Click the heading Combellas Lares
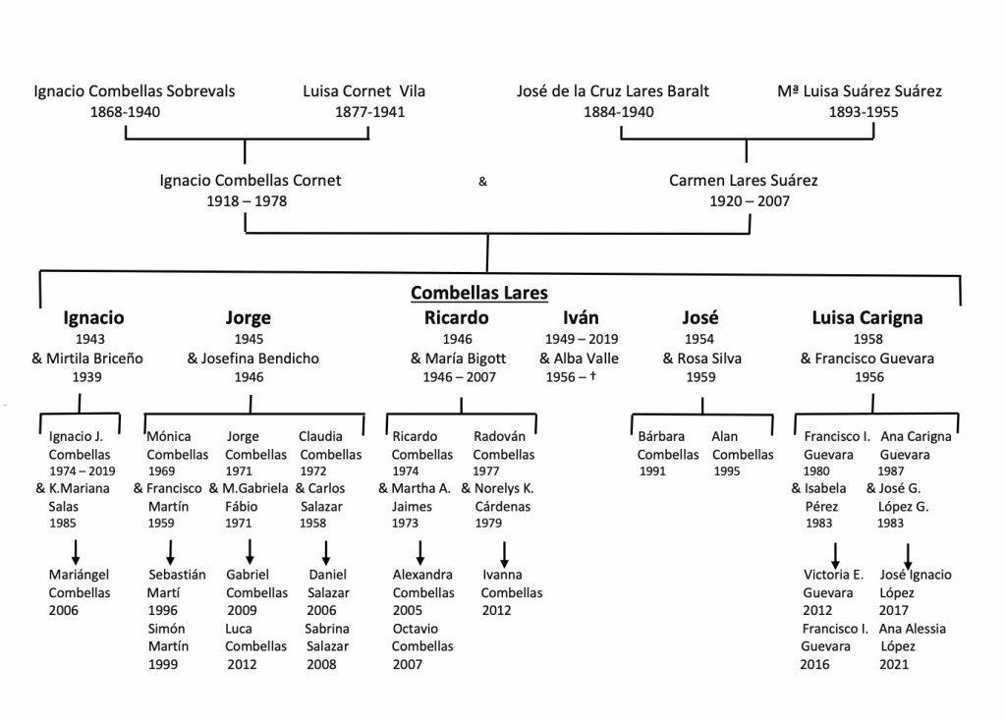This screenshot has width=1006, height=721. tap(478, 292)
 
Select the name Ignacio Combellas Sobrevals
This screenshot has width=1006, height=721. tap(135, 91)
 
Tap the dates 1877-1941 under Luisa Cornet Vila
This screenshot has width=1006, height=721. tap(368, 112)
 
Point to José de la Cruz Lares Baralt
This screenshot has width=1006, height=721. tap(612, 91)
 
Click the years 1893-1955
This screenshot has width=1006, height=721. tap(863, 112)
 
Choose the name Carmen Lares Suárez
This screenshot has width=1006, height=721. tap(743, 181)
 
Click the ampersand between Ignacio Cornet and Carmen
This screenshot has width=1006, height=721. tap(482, 181)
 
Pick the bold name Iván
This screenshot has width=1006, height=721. tap(581, 318)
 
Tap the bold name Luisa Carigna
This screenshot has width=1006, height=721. tap(866, 318)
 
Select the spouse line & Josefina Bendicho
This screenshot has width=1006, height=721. tap(252, 359)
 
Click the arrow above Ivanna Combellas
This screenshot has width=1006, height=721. tap(506, 550)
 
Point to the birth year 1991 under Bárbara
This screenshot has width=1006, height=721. tap(652, 471)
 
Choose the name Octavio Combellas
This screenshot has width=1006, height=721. tap(422, 638)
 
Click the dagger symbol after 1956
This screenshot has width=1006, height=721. tap(592, 377)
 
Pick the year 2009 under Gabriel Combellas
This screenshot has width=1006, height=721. tap(242, 611)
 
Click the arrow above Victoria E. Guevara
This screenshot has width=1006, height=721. tap(836, 552)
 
